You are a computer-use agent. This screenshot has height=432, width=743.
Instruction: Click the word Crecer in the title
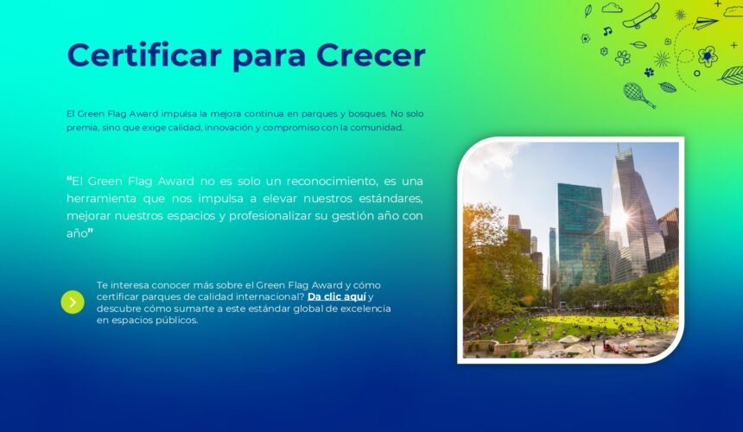(371, 55)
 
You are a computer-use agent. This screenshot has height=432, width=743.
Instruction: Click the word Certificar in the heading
(144, 55)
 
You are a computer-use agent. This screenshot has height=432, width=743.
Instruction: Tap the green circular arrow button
(73, 302)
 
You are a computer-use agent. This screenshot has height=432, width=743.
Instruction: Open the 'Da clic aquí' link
(336, 297)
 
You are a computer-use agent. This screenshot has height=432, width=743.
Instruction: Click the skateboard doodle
(642, 16)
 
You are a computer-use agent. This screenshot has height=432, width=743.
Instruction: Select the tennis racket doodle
(638, 95)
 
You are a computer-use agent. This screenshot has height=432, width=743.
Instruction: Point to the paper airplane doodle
(705, 22)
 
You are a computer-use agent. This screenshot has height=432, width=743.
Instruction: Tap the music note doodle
(607, 31)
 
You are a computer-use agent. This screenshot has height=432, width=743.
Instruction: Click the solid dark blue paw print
(649, 72)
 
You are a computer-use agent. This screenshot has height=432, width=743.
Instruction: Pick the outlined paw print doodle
(623, 58)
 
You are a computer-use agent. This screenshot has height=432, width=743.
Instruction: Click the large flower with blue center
(708, 56)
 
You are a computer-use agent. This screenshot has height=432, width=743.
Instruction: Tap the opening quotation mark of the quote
(69, 180)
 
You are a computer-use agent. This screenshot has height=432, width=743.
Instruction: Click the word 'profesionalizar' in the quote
(270, 216)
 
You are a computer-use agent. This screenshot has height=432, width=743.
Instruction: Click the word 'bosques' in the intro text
(367, 114)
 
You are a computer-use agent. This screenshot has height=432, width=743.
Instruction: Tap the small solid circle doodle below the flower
(696, 73)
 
